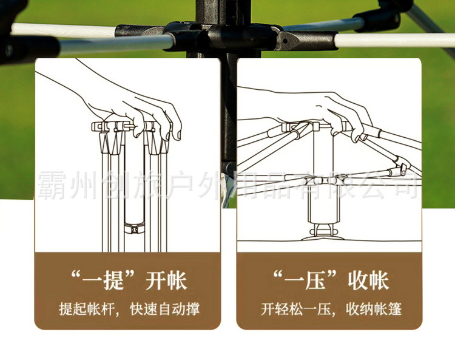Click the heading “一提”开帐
click(127, 280)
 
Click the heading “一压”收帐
click(329, 280)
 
